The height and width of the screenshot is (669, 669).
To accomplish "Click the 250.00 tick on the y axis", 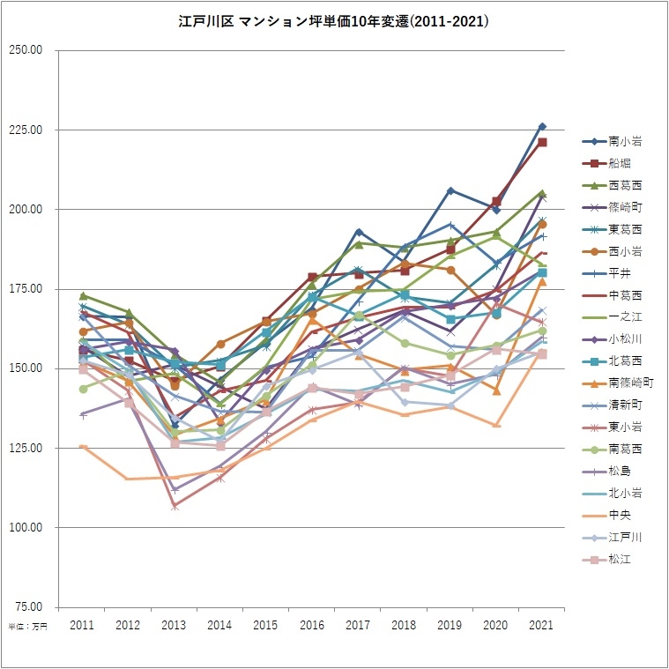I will pos(26,50).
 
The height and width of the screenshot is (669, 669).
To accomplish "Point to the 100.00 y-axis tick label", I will pos(26,527).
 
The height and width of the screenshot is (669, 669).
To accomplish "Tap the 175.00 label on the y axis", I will pos(26,289).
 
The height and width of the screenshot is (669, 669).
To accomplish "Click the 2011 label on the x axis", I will pos(82,624).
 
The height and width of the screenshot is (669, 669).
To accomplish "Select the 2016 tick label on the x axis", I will pos(312,624).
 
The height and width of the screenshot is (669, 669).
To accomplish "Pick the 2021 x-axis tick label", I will pos(542,624).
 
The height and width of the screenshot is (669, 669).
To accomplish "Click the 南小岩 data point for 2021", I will pos(542,126).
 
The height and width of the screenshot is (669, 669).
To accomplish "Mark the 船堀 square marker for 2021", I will pos(543,142).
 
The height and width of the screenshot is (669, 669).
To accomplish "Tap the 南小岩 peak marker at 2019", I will pos(450,190).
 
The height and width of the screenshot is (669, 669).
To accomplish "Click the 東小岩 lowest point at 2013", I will pos(175,507).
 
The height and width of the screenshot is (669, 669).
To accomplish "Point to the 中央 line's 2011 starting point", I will pos(83,446).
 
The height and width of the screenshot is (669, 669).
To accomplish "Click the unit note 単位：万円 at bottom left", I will pos(27,627).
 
